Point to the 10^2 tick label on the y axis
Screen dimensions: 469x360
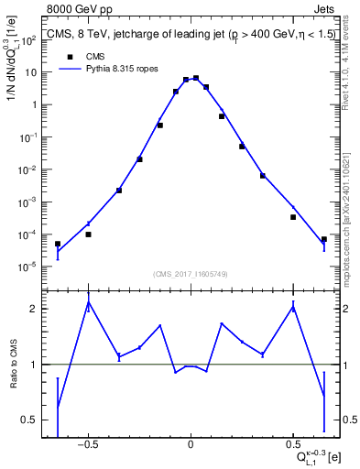click(x=27, y=40)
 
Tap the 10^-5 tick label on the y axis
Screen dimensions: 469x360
click(x=27, y=267)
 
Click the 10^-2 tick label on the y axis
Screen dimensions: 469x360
click(x=27, y=170)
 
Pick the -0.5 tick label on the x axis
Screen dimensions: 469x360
click(x=88, y=445)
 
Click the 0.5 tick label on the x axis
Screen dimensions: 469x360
click(x=293, y=445)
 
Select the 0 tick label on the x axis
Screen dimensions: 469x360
click(x=191, y=445)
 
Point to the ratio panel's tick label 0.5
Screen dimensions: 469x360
click(x=27, y=420)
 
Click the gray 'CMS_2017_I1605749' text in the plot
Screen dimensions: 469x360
click(x=191, y=274)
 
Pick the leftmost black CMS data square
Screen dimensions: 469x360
click(x=58, y=245)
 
